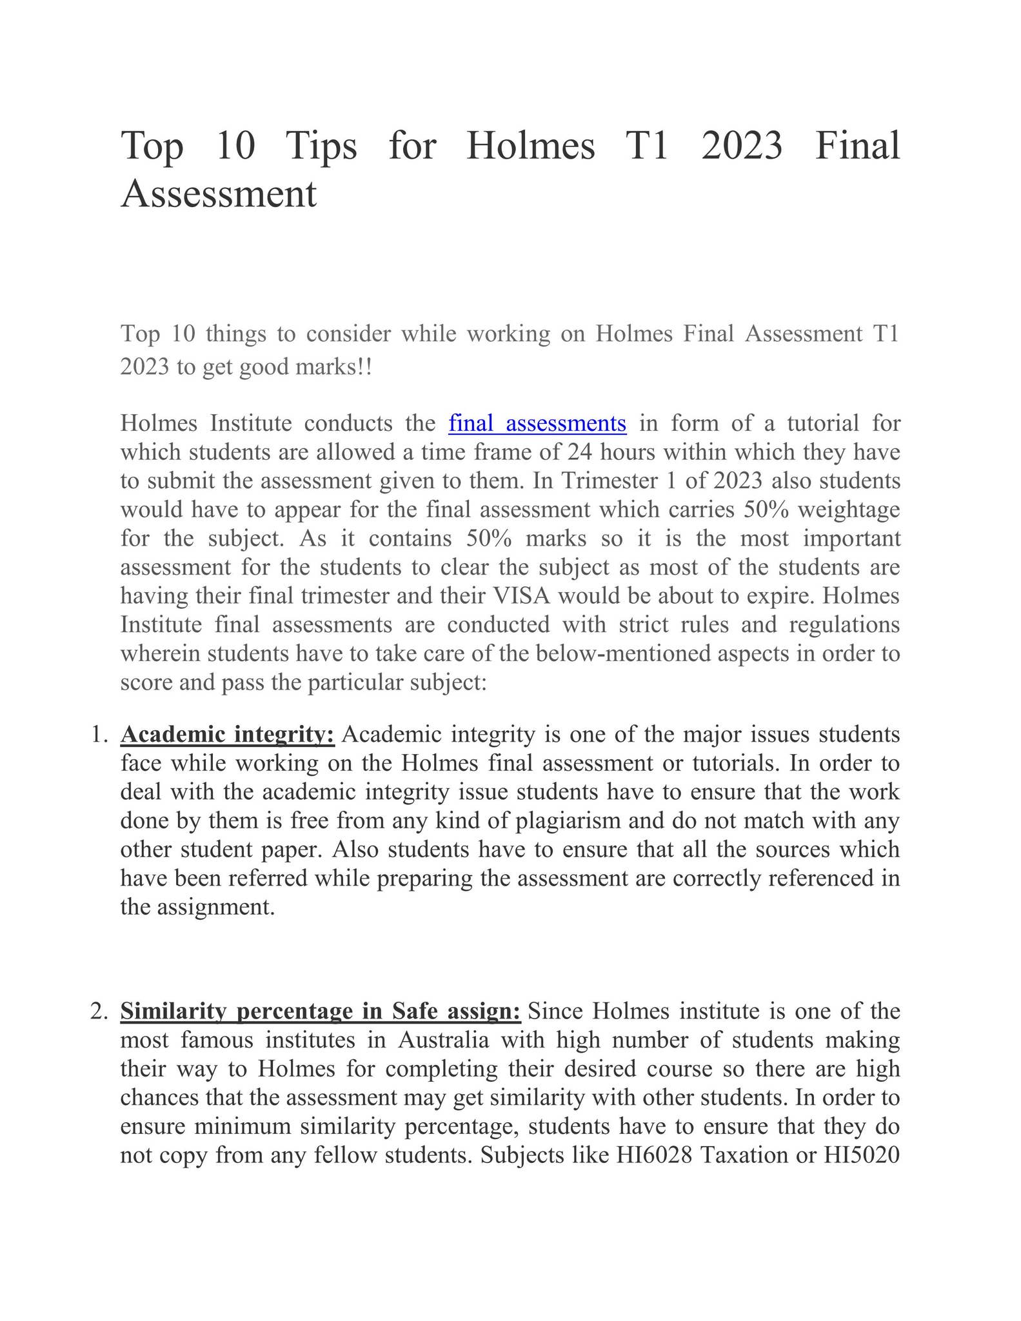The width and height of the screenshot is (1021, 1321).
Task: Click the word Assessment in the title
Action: click(219, 194)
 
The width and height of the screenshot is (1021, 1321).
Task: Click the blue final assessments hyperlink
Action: click(537, 424)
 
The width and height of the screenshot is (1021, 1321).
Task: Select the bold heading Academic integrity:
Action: click(228, 735)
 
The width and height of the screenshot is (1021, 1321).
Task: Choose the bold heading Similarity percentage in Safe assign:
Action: click(321, 1011)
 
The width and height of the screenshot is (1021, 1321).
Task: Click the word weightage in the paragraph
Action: click(849, 510)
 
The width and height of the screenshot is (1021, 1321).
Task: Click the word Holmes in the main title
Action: click(530, 146)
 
